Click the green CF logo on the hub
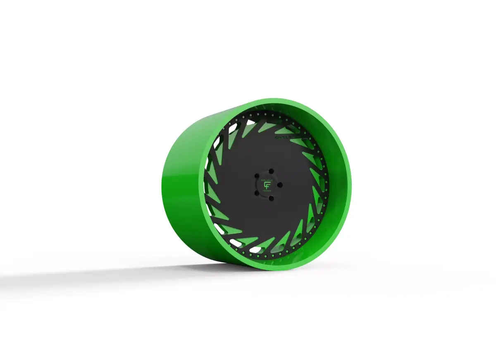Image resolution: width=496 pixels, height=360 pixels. click(266, 184)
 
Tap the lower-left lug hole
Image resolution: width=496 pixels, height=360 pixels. click(257, 192)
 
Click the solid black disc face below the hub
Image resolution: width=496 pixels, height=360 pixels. click(265, 223)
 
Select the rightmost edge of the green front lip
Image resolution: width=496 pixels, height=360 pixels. click(351, 182)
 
